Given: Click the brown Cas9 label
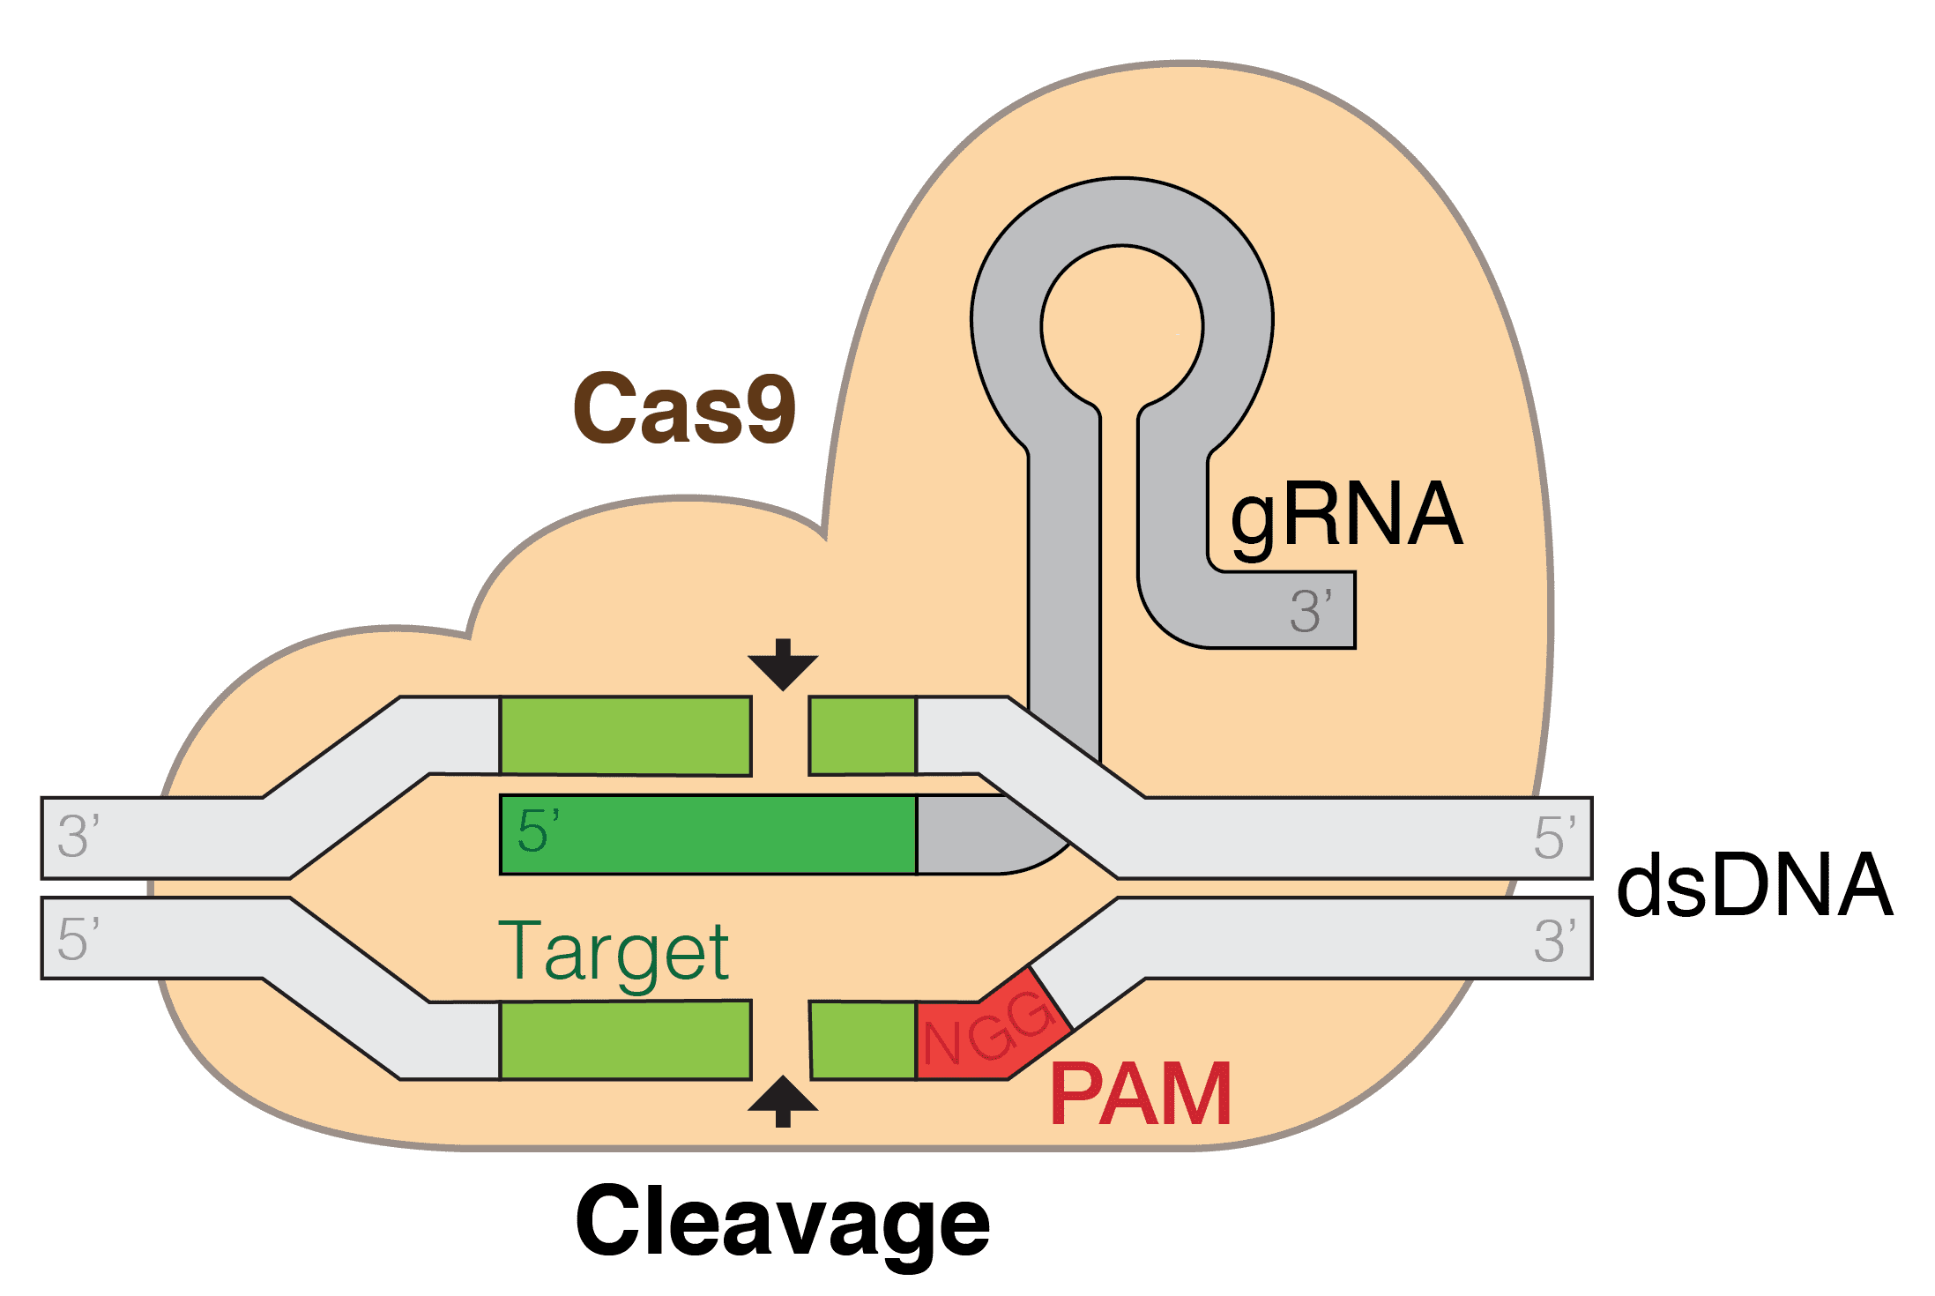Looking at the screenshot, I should tap(684, 408).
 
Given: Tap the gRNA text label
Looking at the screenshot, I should tap(1346, 517).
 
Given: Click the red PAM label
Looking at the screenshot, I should tap(1141, 1095).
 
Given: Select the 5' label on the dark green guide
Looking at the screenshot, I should tap(538, 831).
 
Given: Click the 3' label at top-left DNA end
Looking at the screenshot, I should tap(78, 837).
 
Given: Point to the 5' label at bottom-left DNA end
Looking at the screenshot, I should tap(78, 939).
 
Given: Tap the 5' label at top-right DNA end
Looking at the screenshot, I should tap(1554, 838).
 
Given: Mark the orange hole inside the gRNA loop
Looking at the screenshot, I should tap(1121, 326).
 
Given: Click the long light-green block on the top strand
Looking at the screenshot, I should tap(626, 736).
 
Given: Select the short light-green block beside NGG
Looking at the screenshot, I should tap(863, 1040).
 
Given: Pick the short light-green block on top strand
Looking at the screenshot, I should tap(862, 736).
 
